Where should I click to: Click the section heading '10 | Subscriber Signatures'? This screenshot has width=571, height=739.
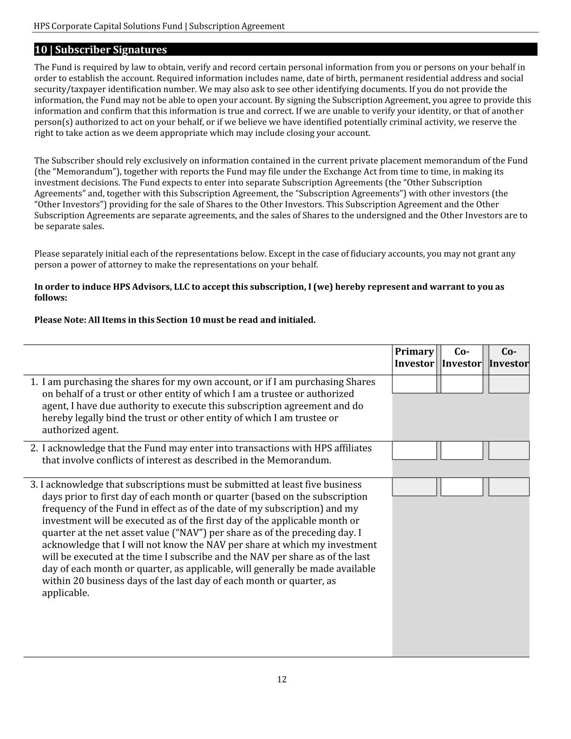101,50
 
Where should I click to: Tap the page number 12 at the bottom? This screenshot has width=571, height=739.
281,679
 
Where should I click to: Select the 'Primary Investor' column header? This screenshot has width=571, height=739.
414,358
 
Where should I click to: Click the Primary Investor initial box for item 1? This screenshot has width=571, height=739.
414,384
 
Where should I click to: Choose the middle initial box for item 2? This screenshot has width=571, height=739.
462,450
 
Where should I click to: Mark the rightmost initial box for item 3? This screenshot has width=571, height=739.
509,487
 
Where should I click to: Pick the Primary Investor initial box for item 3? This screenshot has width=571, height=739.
414,487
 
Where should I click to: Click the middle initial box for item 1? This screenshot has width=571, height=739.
462,384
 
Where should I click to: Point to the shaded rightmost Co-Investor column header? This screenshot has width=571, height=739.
509,358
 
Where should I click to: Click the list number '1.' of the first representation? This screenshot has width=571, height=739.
34,382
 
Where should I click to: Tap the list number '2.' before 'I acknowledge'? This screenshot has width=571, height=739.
34,448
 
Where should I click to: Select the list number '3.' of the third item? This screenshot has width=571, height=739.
34,485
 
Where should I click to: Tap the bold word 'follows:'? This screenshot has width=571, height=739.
51,298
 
